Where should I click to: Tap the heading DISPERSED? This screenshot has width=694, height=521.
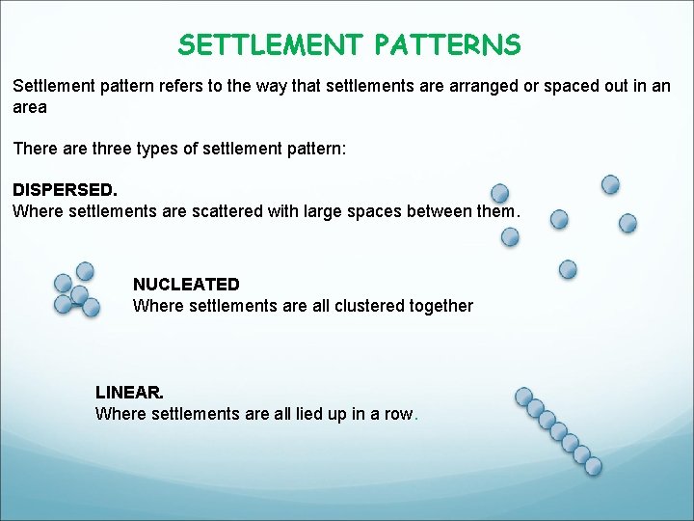pos(65,190)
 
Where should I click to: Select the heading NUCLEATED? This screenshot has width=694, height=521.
pos(186,285)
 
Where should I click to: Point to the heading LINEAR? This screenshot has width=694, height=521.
pos(129,393)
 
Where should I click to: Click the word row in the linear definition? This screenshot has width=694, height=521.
pos(398,414)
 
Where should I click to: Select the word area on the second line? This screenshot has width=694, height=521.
pos(30,107)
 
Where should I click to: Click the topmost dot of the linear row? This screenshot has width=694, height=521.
pos(524,397)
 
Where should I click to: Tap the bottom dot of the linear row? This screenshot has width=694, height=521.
pos(593,466)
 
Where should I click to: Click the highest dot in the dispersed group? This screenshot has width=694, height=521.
pos(610,184)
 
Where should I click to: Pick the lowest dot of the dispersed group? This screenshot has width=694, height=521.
pos(568,269)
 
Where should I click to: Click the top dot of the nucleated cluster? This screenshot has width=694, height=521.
pos(85,271)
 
